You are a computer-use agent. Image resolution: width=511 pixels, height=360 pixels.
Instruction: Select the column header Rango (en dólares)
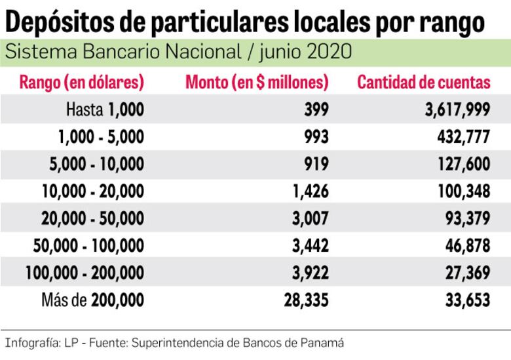tap(82, 83)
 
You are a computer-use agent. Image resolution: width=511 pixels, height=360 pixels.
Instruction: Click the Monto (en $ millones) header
tap(257, 83)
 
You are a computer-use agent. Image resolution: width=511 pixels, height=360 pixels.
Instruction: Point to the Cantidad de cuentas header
tap(423, 83)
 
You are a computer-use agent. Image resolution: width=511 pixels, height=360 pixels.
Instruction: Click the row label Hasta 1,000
tap(104, 110)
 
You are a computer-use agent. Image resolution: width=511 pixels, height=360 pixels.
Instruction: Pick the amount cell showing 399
tap(316, 110)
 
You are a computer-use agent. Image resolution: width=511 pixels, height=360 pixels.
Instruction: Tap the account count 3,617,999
tap(457, 110)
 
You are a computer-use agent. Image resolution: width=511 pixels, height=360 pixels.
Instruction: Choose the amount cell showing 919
tap(316, 164)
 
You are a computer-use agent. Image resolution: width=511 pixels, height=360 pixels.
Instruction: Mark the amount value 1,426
tap(311, 191)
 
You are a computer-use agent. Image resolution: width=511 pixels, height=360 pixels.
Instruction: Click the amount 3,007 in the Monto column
tap(311, 218)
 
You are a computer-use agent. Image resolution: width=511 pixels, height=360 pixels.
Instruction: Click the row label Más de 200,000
tap(92, 300)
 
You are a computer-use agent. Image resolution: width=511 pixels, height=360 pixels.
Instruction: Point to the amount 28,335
tap(307, 300)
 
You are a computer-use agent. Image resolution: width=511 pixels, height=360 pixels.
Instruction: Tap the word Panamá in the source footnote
tap(324, 342)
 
